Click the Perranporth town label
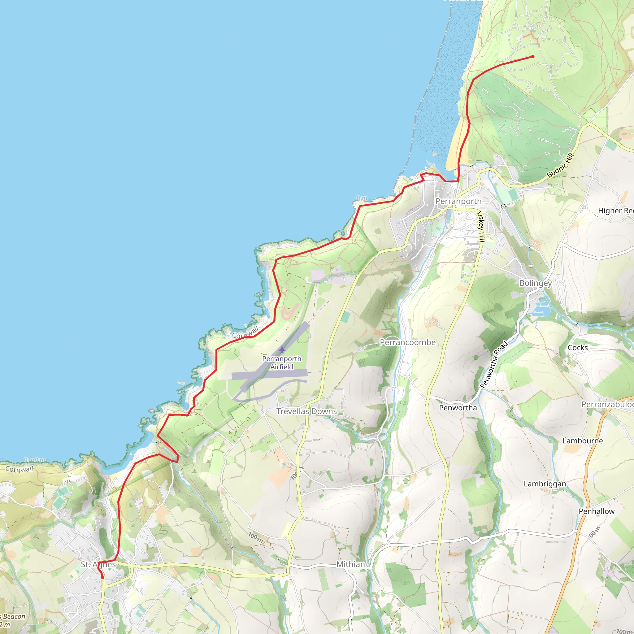pos(458,201)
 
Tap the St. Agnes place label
pos(98,564)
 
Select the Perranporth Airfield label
pos(282,363)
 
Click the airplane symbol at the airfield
pos(282,350)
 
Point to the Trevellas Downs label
pos(306,411)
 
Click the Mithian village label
pos(350,564)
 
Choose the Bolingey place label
pos(535,283)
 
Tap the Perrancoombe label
pos(408,342)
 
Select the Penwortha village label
pos(458,408)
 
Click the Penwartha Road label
pos(493,365)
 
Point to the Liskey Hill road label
pos(481,226)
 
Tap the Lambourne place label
pos(583,441)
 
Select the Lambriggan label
pos(545,484)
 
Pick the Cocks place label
pos(578,348)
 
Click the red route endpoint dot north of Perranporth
pos(532,56)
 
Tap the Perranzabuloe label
pos(607,404)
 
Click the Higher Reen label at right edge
pos(615,211)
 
